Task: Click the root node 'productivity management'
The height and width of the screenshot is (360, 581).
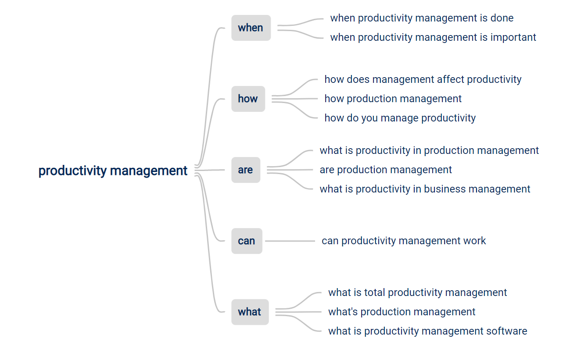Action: tap(113, 171)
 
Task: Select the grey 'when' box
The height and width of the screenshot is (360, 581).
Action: tap(251, 28)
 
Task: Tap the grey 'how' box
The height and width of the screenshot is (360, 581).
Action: tap(248, 99)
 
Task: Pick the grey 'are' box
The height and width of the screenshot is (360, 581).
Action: tap(246, 170)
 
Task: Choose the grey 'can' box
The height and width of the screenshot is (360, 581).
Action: tap(247, 241)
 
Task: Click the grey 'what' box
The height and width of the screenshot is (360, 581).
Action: tap(250, 312)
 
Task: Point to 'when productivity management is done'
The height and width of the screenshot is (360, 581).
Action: tap(422, 18)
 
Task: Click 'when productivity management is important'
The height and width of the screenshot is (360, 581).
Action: tap(433, 38)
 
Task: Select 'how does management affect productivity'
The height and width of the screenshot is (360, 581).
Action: tap(423, 79)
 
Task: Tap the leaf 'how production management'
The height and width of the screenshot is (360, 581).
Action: tap(393, 99)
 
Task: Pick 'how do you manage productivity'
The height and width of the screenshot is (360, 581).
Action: tap(400, 118)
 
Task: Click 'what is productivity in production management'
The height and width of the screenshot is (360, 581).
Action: tap(429, 150)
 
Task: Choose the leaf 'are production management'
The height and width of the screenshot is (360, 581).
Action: tap(386, 170)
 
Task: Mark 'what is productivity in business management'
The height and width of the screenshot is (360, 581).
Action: tap(425, 189)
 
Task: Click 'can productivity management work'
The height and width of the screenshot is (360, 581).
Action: tap(404, 241)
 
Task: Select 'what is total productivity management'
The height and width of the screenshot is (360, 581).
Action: tap(417, 292)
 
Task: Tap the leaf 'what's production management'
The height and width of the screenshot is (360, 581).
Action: tap(402, 312)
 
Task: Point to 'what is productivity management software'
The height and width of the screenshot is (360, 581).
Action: tap(428, 331)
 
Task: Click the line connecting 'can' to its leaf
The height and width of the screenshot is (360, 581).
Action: tap(290, 241)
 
